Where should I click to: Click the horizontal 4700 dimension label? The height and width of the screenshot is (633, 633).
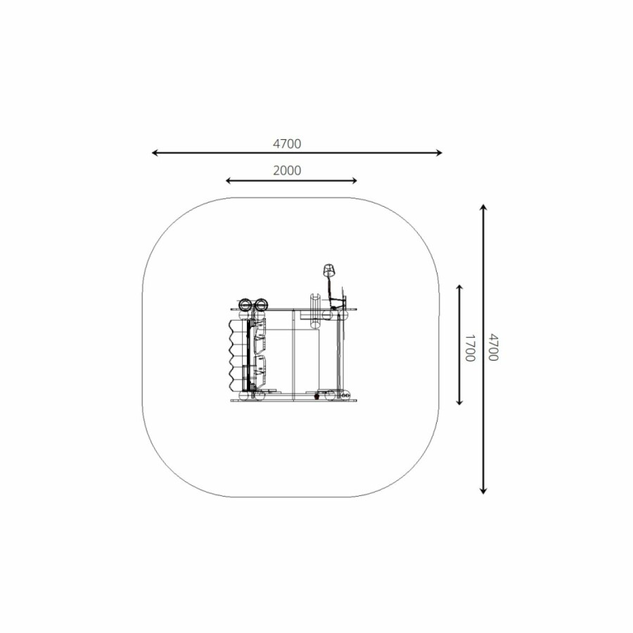pos(287,143)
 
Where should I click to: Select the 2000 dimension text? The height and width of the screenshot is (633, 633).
pos(287,170)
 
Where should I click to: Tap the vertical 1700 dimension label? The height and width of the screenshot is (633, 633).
pos(470,348)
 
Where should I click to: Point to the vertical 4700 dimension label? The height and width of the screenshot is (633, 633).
pos(493,347)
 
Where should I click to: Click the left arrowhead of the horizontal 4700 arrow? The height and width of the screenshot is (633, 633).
pos(154,153)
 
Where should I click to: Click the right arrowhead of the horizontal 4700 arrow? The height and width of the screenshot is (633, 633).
pos(440,153)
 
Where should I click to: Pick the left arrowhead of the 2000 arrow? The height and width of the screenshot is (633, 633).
pos(228,181)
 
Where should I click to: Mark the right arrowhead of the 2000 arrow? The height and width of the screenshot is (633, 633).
pos(354,181)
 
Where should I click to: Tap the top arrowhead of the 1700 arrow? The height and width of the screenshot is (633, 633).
pos(459,287)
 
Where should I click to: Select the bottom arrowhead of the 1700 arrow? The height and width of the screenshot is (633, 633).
pos(459,402)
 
